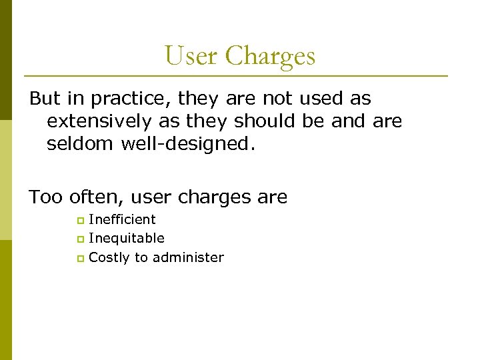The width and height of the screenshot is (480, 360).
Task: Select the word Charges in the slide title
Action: click(x=270, y=56)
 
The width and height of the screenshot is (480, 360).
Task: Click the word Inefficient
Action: click(x=122, y=219)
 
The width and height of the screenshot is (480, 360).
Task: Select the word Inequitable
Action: click(x=127, y=238)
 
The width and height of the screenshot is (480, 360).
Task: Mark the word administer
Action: click(x=188, y=257)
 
